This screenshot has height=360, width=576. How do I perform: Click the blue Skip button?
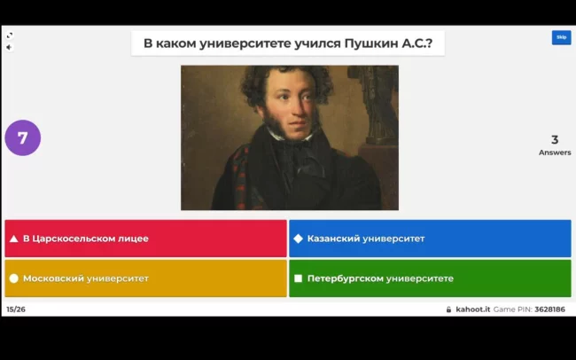(561, 37)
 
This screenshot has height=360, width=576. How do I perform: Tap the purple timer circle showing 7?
(23, 138)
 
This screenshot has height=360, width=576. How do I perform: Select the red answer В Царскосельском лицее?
(146, 239)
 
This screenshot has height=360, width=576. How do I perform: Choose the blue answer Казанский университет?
(430, 239)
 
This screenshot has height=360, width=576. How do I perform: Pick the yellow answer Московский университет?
(146, 278)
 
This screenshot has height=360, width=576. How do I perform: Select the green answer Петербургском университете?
(430, 278)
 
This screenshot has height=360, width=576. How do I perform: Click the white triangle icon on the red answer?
(14, 239)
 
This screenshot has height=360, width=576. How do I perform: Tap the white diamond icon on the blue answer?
(299, 239)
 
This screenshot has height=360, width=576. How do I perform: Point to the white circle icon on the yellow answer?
(14, 278)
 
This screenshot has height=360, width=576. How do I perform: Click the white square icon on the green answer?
(299, 278)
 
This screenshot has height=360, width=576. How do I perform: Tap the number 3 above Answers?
(555, 140)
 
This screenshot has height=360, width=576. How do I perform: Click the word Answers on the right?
(555, 153)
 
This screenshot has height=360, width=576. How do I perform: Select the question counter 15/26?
(16, 309)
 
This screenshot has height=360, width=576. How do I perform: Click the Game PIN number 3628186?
(550, 309)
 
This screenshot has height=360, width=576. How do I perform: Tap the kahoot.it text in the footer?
(473, 309)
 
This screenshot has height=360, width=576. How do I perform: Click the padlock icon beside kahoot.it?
(448, 309)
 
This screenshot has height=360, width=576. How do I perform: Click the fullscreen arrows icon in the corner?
(10, 35)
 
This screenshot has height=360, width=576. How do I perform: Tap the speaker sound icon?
(9, 47)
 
